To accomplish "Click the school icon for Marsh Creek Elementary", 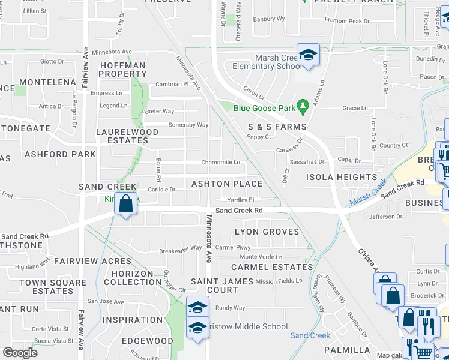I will pos(308,55).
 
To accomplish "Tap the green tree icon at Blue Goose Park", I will pos(303,108).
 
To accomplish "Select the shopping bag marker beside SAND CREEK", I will pos(126,204).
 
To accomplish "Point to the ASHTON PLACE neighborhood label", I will pos(226,184).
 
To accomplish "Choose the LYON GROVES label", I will pos(267,232).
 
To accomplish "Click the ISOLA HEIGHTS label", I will pos(342,177).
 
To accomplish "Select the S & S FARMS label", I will pos(277,127).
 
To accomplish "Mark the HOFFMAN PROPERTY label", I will pos(122,70).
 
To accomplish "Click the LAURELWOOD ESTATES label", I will pos(122,136).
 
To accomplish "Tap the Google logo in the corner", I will pos(20,353).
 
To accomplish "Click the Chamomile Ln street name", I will pos(220,162).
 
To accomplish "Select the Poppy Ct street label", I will pos(259,137).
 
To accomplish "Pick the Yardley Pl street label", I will pos(241,200).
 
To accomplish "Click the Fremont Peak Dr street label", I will pos(347,21).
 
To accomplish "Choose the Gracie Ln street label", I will pos(355,108).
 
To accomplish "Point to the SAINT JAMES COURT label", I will pos(214,286).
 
